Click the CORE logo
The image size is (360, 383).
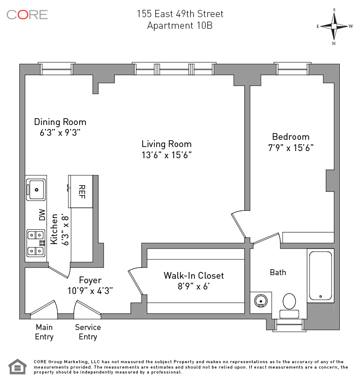coord(27,14)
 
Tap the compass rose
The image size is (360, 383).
coord(334,26)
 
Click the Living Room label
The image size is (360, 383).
coord(166,144)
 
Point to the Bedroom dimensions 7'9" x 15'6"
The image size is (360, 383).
coord(290,147)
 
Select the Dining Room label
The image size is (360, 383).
coord(60,122)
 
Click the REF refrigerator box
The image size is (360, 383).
coord(81,191)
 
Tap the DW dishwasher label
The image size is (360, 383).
coord(42,215)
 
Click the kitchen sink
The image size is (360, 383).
coord(36,189)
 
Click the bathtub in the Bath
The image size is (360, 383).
coord(320,275)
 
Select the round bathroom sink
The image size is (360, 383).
coord(260,300)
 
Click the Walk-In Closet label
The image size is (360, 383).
coord(193,276)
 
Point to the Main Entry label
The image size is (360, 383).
coord(44,332)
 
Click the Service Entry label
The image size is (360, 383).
coord(88,332)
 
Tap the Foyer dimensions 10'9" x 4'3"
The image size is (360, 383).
coord(90,290)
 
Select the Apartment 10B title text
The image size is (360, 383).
coord(180,26)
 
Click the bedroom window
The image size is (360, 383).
coord(291,69)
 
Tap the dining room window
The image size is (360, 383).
coord(56,69)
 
